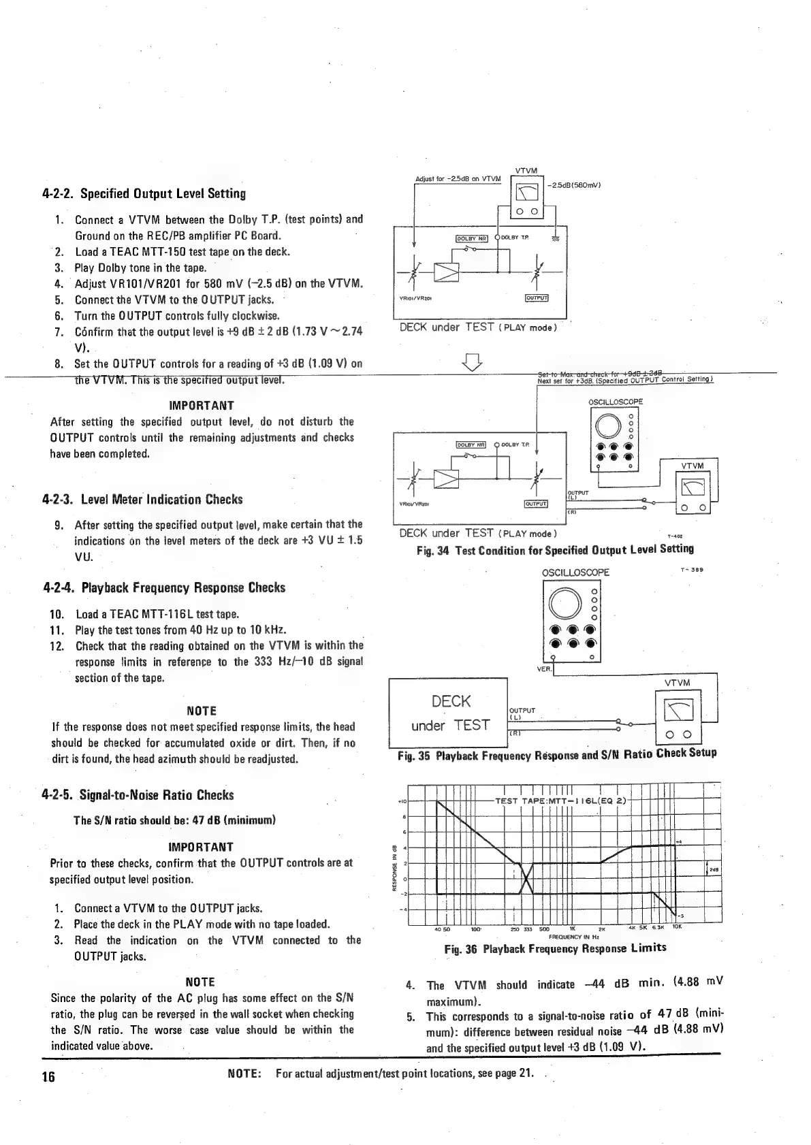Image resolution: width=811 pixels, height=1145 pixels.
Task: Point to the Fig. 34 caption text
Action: coord(555,549)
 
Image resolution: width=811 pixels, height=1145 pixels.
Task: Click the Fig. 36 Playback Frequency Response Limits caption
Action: coord(555,948)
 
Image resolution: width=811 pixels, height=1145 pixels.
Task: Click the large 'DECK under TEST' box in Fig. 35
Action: coord(448,713)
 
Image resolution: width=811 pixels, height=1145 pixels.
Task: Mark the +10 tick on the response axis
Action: coord(402,801)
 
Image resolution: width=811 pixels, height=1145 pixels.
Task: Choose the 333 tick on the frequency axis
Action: coord(527,929)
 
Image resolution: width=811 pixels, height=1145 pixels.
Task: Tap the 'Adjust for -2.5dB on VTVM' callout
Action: coord(458,179)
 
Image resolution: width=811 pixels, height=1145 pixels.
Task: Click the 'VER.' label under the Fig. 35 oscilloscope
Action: coord(543,668)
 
